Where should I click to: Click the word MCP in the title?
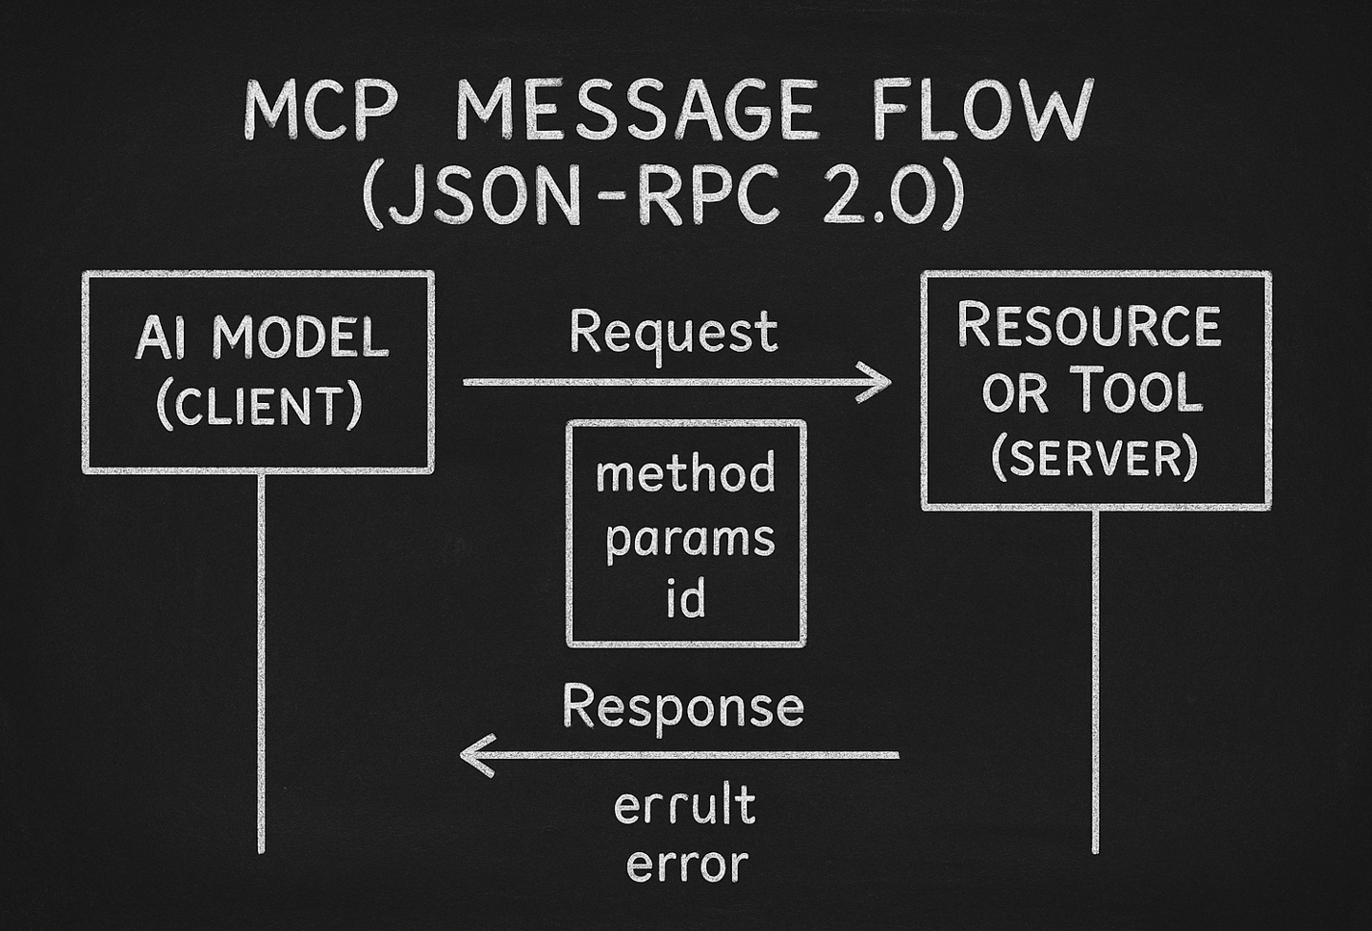coord(319,112)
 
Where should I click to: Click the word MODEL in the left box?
coord(300,339)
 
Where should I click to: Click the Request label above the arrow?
coord(673,333)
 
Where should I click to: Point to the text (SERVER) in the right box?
coord(1094,458)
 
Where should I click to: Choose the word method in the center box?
coord(685,474)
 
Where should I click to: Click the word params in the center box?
coord(690,539)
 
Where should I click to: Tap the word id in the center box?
coord(686,598)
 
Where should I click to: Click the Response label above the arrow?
coord(682,707)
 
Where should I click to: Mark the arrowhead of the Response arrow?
coord(473,755)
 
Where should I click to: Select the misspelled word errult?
coord(684,806)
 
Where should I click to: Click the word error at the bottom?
coord(686,864)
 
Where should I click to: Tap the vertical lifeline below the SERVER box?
coord(1095,683)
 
